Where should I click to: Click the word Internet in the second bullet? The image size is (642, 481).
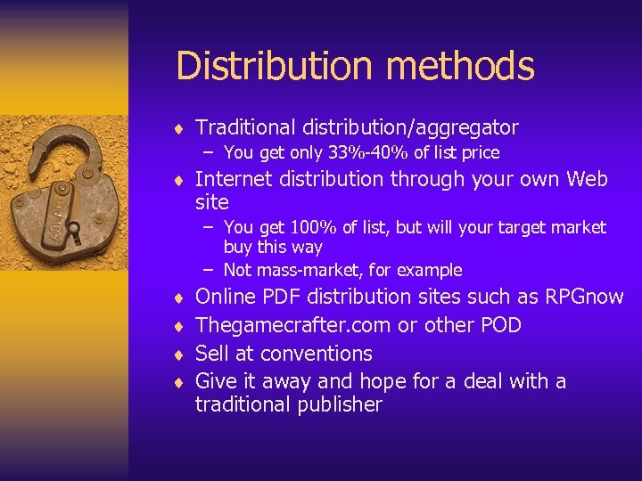point(235,180)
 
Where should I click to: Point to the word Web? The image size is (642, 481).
point(587,180)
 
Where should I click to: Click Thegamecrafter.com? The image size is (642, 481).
point(293,325)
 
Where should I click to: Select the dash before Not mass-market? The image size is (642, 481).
point(210,270)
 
